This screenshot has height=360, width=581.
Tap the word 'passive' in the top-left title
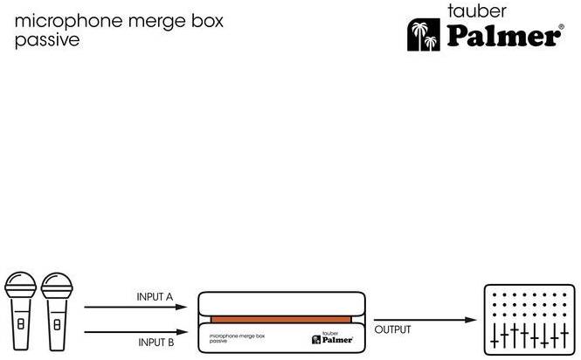click(x=47, y=40)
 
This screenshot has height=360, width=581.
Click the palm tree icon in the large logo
click(x=424, y=34)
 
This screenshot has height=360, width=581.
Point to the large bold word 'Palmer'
click(x=503, y=36)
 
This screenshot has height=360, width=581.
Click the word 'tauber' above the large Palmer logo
click(x=476, y=10)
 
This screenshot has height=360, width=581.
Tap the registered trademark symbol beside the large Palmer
click(x=562, y=27)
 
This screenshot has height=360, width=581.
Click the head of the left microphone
click(x=20, y=286)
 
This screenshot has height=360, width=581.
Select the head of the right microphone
click(x=57, y=286)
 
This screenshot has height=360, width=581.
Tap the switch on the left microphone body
click(x=21, y=324)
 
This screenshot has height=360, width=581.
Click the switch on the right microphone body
click(x=57, y=325)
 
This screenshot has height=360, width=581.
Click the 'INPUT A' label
click(x=155, y=297)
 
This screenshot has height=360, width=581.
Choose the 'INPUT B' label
click(x=156, y=343)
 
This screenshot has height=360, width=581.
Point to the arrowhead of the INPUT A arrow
click(x=181, y=307)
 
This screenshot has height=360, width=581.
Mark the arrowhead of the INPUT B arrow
click(x=181, y=332)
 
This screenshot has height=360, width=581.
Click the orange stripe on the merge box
click(x=280, y=320)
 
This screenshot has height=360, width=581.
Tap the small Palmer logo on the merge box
click(x=332, y=338)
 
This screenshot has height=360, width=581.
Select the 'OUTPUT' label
click(x=392, y=329)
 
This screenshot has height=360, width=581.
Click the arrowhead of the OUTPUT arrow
click(x=471, y=320)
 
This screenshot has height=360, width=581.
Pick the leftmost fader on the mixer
click(x=495, y=336)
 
